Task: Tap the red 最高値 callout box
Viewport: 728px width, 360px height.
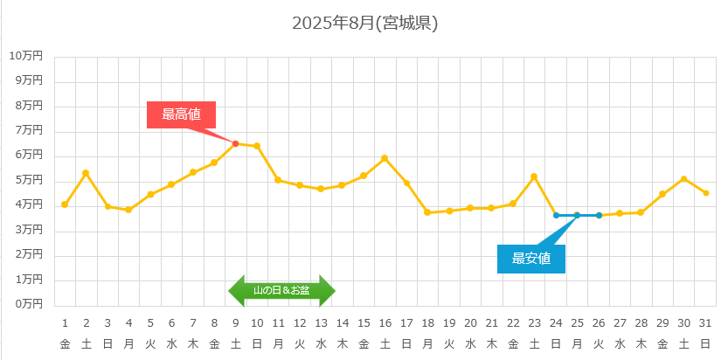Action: point(181,114)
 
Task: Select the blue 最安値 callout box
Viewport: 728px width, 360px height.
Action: point(531,258)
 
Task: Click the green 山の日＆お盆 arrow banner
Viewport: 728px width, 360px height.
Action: point(281,290)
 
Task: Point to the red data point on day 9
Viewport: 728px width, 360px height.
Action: point(236,143)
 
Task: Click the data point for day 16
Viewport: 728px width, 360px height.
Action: point(385,158)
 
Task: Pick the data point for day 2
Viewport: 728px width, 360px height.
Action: point(86,173)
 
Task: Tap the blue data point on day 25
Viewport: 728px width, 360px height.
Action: point(577,215)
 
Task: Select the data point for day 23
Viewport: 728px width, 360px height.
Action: point(534,177)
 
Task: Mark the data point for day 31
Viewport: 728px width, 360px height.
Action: point(706,193)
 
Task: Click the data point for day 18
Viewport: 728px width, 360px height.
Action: point(427,212)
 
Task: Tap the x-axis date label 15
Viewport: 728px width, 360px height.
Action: point(364,323)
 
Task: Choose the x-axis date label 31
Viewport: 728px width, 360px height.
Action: point(705,323)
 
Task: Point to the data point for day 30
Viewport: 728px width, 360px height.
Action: point(684,179)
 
